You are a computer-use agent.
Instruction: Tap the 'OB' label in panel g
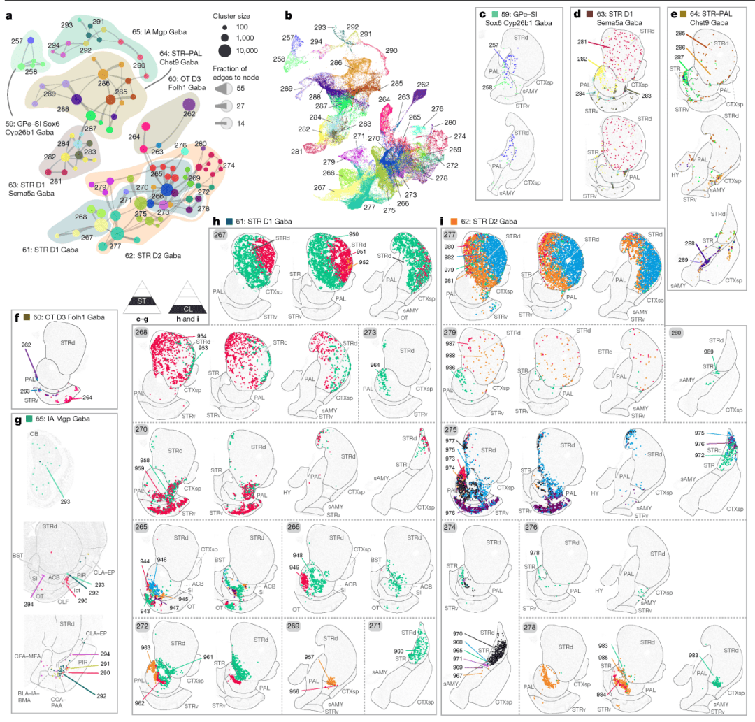34,434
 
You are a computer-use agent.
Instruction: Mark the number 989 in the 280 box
708,352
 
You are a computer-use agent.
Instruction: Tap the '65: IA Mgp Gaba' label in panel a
158,32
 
